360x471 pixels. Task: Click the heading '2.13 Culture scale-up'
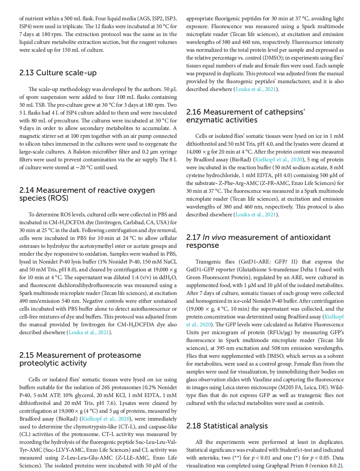(x=58, y=73)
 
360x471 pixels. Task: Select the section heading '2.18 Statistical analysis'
(x=227, y=426)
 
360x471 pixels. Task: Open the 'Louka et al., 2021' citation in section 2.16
(x=256, y=214)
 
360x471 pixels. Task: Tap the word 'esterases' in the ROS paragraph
(x=29, y=246)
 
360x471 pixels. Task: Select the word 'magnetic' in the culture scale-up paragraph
(x=29, y=136)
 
